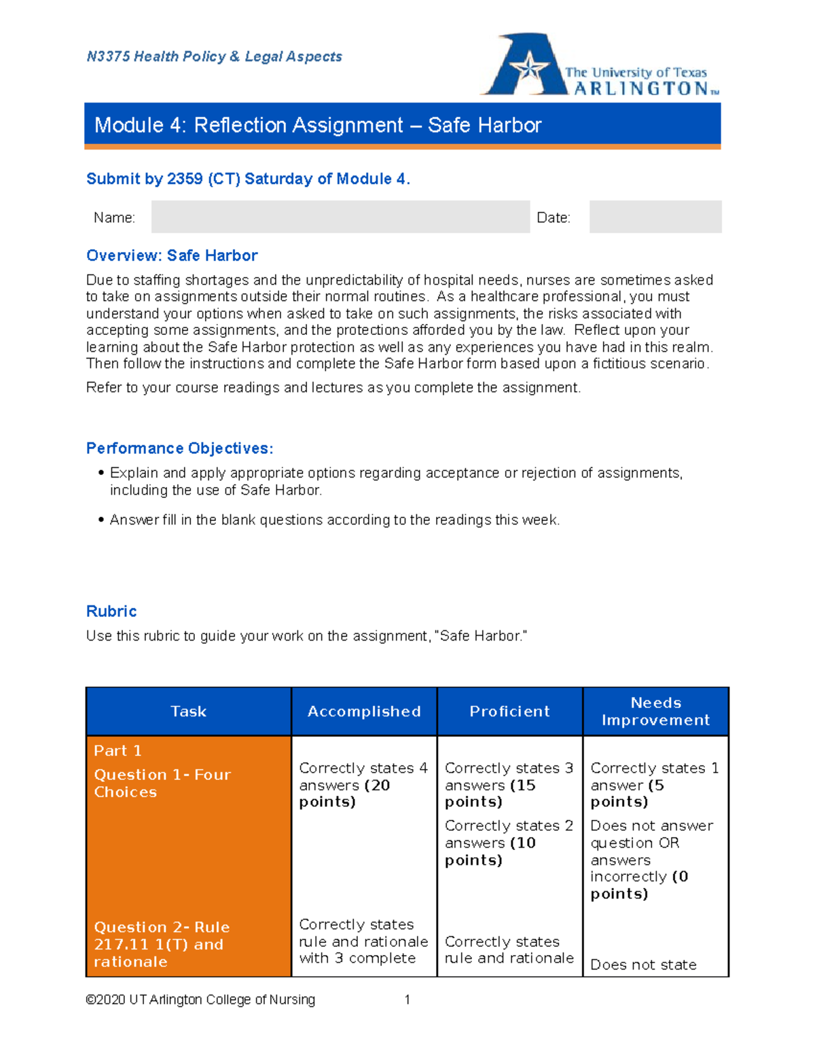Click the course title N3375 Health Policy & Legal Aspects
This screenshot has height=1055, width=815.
point(214,57)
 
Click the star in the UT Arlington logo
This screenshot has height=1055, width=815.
point(529,69)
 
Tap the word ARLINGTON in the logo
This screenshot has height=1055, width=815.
point(640,89)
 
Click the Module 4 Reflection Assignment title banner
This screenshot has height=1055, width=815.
point(402,125)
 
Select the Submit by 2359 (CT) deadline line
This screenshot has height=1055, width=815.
point(248,179)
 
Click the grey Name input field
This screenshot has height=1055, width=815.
point(340,217)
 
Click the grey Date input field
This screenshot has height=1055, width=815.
point(655,217)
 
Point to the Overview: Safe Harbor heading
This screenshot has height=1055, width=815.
point(172,255)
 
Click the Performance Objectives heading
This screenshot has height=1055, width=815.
point(179,448)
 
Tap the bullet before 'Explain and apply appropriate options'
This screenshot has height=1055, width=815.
point(101,473)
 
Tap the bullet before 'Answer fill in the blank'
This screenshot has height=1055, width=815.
point(101,520)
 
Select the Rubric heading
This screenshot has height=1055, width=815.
point(111,611)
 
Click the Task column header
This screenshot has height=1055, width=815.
point(188,711)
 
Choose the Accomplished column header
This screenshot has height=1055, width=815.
point(364,711)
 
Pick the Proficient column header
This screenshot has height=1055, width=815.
point(509,711)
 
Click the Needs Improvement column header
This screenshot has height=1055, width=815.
point(655,711)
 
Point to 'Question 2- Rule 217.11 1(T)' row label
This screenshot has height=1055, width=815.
point(162,944)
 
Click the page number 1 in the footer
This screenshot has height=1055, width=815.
point(407,999)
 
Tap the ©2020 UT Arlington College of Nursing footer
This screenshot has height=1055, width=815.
point(200,999)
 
